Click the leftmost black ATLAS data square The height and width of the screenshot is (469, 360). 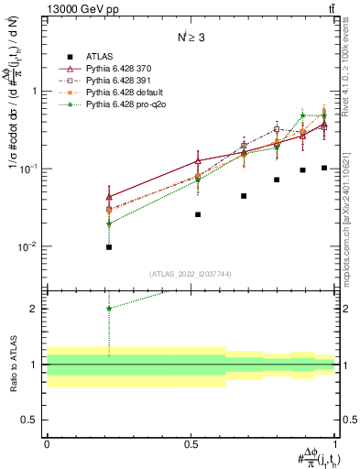109,246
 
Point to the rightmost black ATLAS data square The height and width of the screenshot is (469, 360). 324,168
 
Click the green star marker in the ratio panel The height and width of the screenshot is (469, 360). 109,308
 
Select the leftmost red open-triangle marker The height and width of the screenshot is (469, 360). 109,197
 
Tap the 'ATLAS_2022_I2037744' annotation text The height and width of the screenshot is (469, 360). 191,274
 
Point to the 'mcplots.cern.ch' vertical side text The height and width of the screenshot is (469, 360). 349,229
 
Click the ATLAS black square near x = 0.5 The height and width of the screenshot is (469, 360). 198,214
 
